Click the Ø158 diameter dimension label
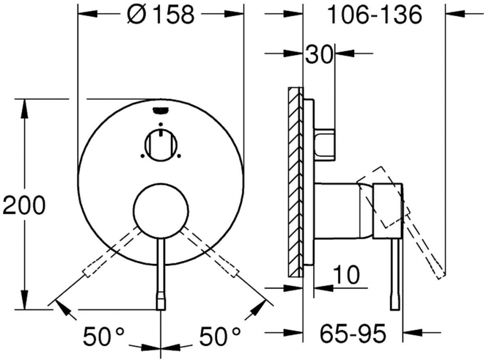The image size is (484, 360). pos(161,15)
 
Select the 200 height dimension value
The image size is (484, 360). pos(24,205)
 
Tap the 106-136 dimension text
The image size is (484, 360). pos(374,15)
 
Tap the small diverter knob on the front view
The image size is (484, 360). pos(161,144)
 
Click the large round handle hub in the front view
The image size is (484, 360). pos(161,210)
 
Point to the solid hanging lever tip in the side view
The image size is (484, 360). pos(396,301)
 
